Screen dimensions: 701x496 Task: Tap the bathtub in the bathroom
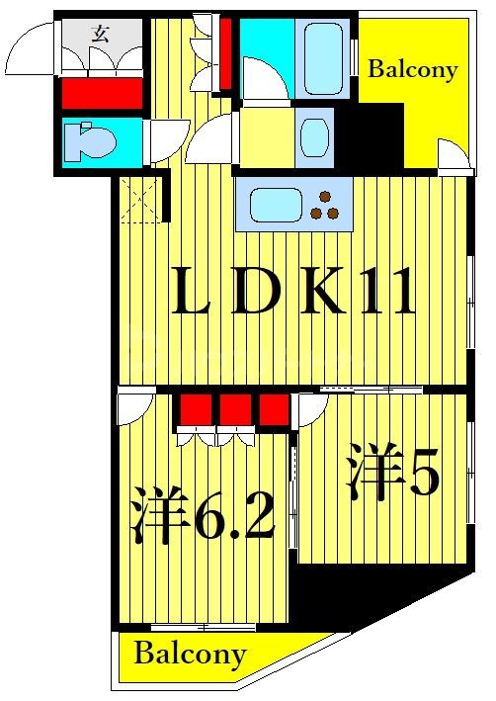pyautogui.click(x=327, y=57)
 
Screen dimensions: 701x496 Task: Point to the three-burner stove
pyautogui.click(x=325, y=207)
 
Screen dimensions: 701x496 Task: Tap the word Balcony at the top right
pyautogui.click(x=413, y=69)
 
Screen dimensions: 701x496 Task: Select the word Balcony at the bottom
pyautogui.click(x=190, y=654)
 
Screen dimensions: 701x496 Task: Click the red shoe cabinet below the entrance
pyautogui.click(x=102, y=94)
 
